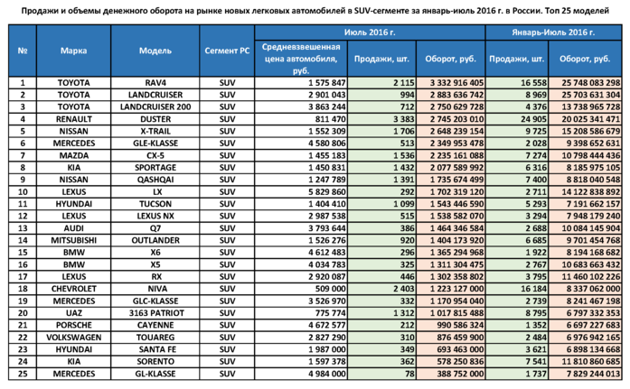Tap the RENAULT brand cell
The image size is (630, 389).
point(74,118)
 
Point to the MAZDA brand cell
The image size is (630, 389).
point(74,155)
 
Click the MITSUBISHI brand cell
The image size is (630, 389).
point(74,241)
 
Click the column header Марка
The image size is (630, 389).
point(74,52)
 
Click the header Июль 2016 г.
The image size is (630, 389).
point(371,31)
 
